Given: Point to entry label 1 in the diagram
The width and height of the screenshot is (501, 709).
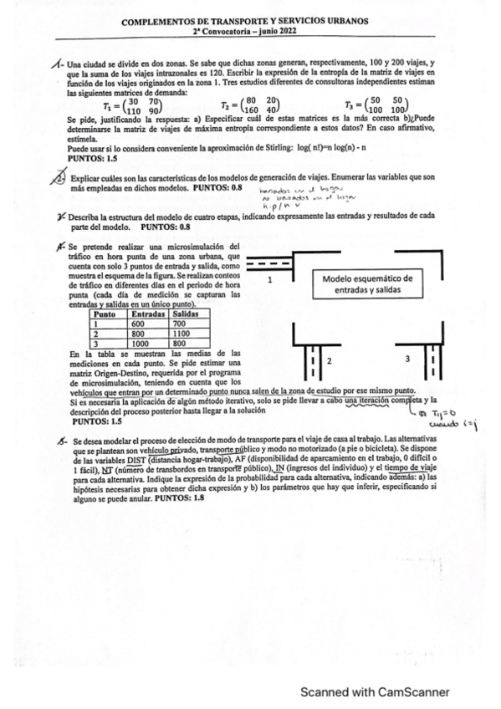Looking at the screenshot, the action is (270, 282).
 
